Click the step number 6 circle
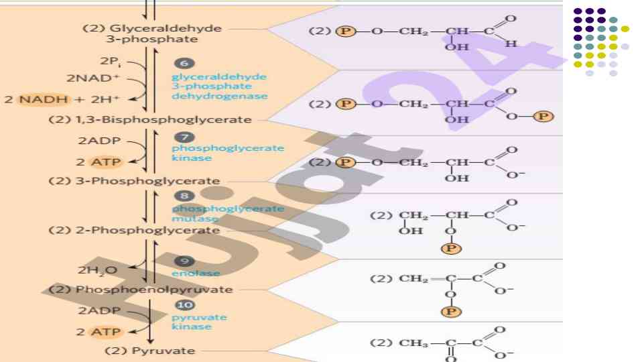[x=184, y=64]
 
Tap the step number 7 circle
[x=190, y=137]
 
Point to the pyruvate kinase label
[x=190, y=322]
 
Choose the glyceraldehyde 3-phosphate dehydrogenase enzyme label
[x=219, y=86]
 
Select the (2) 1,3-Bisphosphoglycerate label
[x=150, y=120]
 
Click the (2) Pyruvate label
[x=149, y=351]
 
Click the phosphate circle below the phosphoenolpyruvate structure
[x=452, y=312]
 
